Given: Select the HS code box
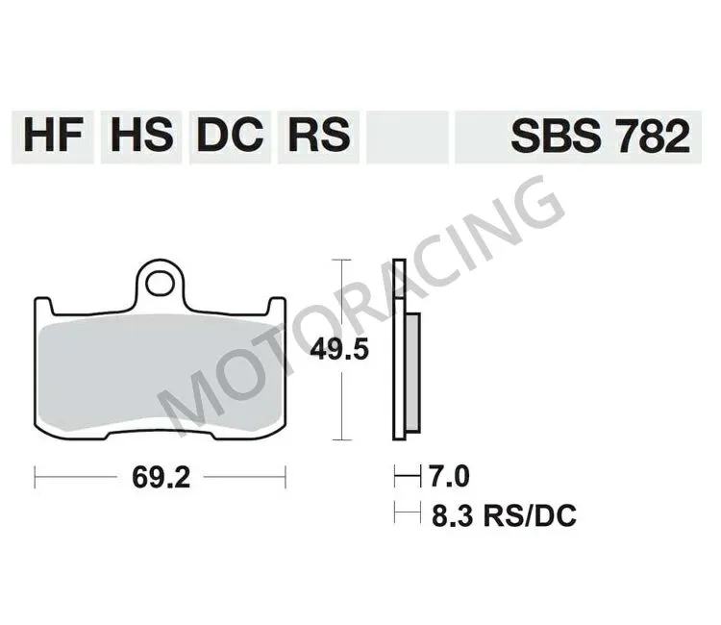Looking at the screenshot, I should pyautogui.click(x=141, y=135).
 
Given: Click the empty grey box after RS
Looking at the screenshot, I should pyautogui.click(x=408, y=135).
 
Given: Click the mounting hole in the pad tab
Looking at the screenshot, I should pyautogui.click(x=161, y=283).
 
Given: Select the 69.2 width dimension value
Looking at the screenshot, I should pyautogui.click(x=161, y=475).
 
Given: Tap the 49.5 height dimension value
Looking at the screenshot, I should pyautogui.click(x=339, y=350).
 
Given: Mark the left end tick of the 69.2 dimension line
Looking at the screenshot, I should pyautogui.click(x=35, y=475).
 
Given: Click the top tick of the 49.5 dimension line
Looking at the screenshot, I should pyautogui.click(x=338, y=260).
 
